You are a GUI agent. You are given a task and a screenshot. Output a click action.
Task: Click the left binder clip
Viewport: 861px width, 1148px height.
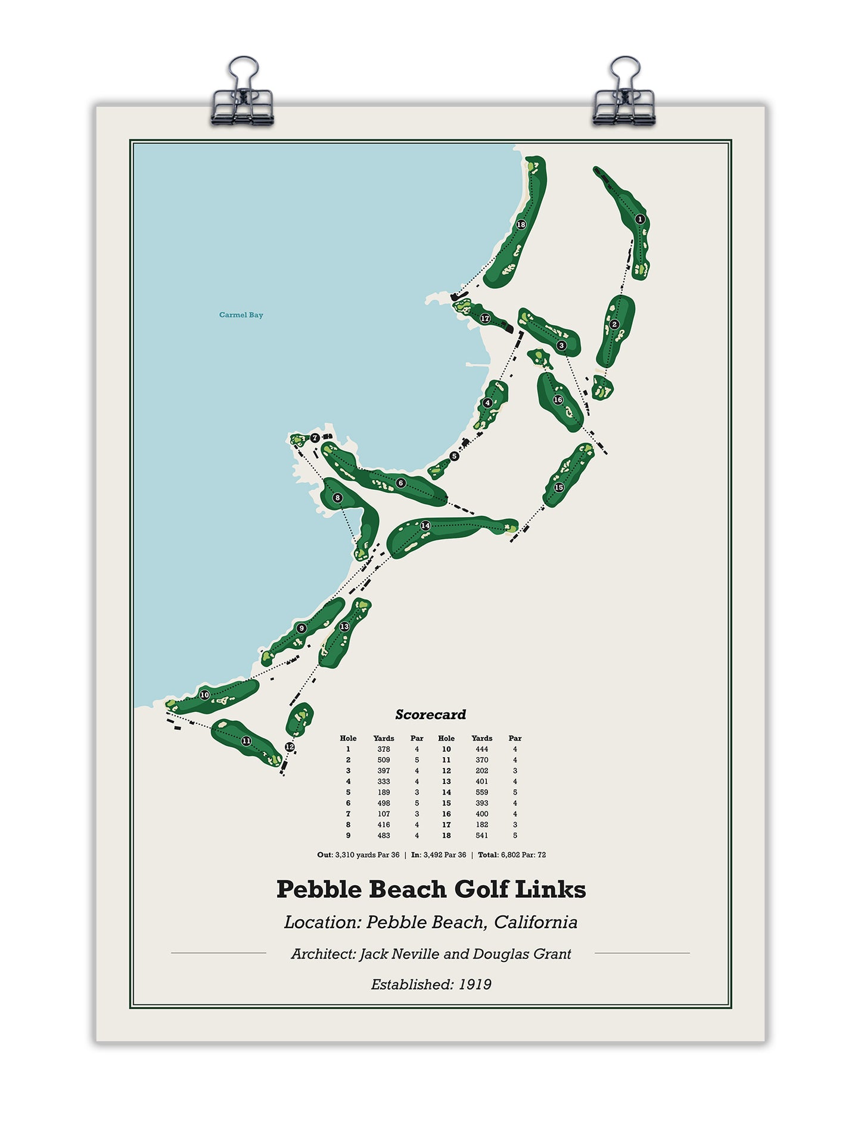(242, 95)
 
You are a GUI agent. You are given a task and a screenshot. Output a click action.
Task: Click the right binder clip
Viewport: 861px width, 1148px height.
(624, 95)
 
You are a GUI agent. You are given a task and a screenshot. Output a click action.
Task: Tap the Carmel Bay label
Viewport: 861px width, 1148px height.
(241, 315)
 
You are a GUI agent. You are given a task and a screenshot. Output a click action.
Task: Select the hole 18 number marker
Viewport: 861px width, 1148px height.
(521, 225)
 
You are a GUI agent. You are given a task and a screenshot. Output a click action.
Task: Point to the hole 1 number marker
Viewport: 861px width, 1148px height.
(640, 219)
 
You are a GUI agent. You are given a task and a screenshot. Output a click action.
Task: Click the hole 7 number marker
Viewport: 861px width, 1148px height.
(315, 438)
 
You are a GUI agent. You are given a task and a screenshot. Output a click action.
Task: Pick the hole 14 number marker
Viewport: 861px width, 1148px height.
(425, 525)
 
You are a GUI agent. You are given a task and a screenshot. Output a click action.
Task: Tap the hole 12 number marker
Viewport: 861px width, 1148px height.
(290, 746)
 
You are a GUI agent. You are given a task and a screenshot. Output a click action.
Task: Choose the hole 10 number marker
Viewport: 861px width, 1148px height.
(204, 695)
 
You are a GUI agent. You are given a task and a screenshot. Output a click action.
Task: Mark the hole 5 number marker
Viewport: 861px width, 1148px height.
(455, 456)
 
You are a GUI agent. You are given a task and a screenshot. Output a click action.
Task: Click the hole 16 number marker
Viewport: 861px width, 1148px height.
(558, 400)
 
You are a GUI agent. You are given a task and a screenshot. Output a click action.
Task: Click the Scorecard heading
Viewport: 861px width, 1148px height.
(430, 714)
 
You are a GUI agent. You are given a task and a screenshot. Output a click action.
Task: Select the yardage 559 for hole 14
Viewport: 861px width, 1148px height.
(481, 792)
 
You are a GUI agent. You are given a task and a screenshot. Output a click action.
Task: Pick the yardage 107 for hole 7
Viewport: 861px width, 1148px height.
(384, 814)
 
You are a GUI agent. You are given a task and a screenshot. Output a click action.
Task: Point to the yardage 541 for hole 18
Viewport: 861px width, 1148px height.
(481, 835)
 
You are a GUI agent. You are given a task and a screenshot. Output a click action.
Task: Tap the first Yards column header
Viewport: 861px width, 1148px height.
(384, 738)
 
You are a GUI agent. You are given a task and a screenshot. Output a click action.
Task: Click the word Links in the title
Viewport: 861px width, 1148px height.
(550, 889)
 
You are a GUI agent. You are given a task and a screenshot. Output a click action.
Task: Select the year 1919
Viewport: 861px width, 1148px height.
(475, 984)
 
